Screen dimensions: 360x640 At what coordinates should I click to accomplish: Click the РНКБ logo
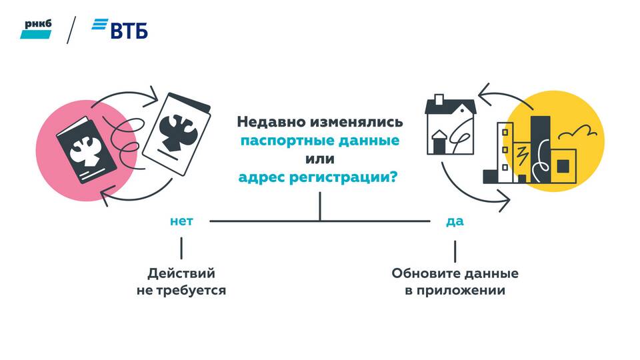[x=35, y=29]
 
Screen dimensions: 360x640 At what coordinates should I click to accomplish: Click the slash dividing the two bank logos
[x=72, y=30]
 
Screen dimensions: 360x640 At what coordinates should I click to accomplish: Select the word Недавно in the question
[x=267, y=123]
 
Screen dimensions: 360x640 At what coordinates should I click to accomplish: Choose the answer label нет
[x=181, y=221]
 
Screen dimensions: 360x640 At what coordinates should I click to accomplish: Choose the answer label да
[x=455, y=221]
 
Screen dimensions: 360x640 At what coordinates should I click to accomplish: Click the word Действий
[x=181, y=273]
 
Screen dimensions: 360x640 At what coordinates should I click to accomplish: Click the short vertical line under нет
[x=181, y=249]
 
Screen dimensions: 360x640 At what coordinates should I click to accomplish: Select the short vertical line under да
[x=455, y=251]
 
